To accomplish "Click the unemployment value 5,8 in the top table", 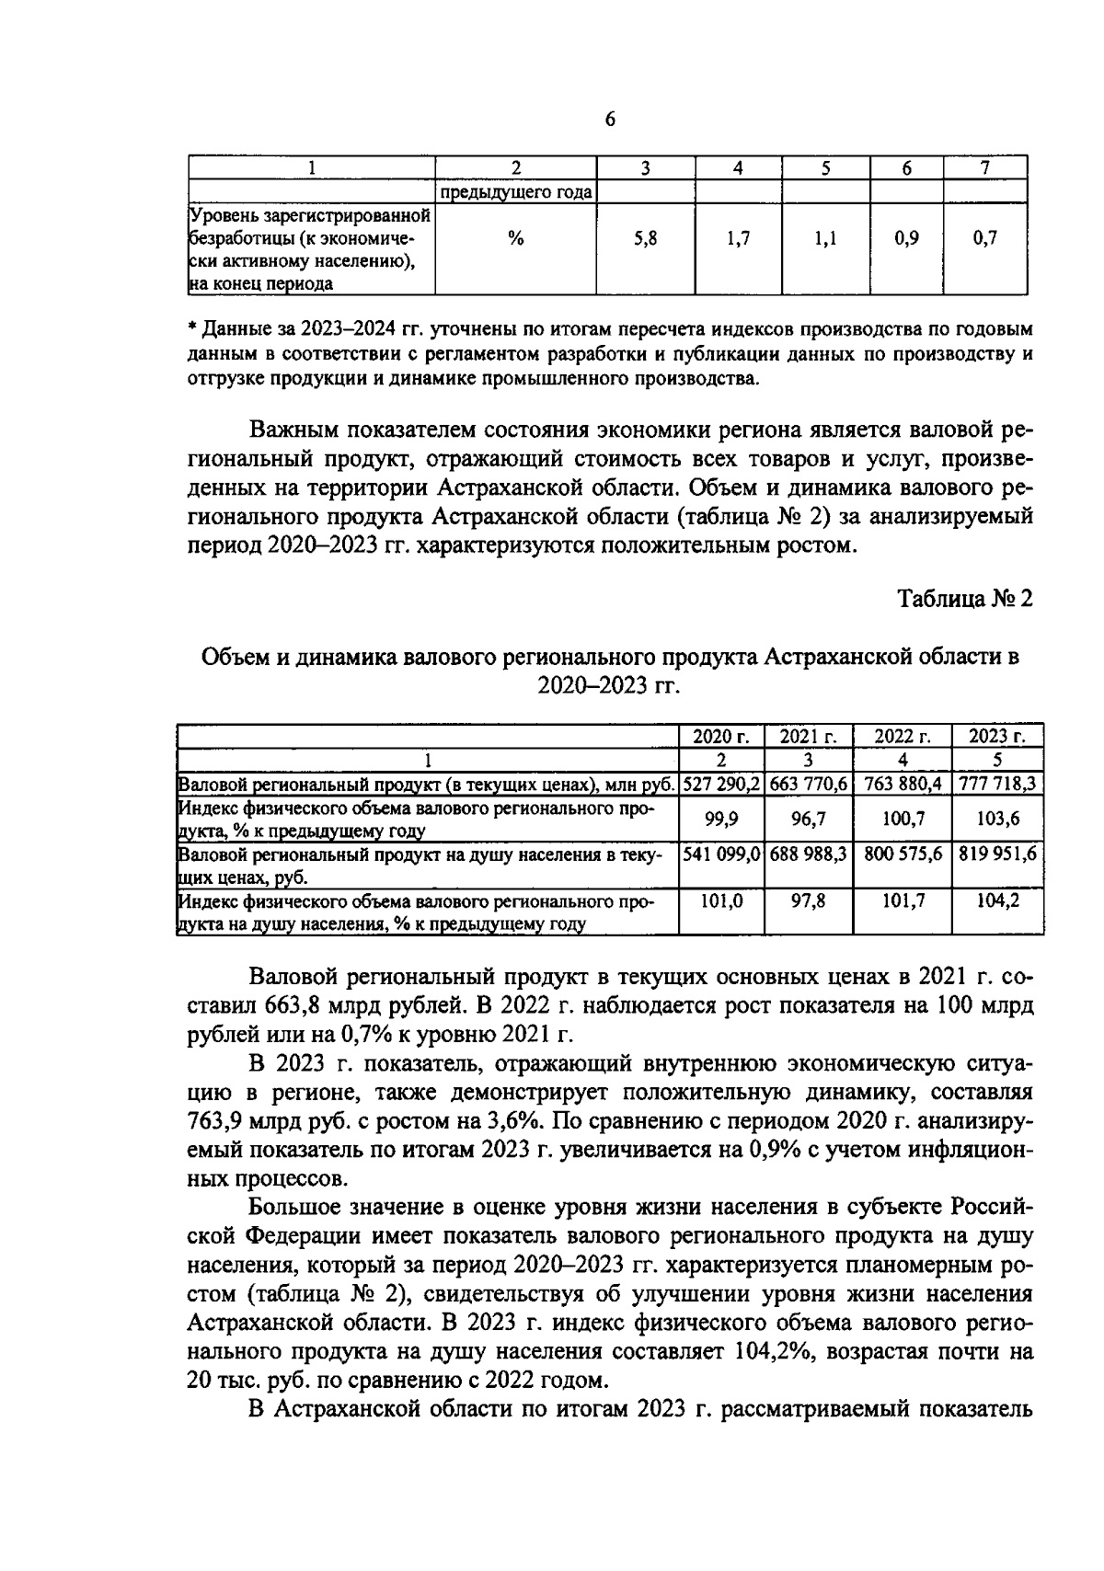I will click(645, 239).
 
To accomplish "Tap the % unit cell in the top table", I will click(516, 239).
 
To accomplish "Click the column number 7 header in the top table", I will click(984, 167).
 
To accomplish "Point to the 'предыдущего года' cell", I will click(516, 192).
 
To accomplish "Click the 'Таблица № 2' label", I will click(965, 598).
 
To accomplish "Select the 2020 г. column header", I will click(721, 737).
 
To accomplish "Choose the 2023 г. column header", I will click(997, 737).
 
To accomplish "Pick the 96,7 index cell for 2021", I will click(808, 818).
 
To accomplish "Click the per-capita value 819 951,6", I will click(997, 854).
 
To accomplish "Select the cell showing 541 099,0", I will click(721, 854).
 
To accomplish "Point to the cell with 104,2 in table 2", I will click(997, 901).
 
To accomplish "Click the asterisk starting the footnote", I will click(192, 327).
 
